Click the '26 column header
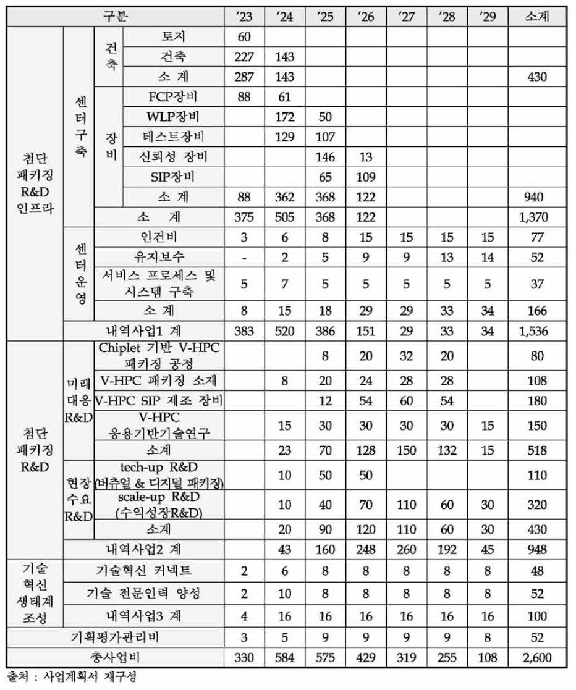coord(365,17)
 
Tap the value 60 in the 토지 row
coord(244,37)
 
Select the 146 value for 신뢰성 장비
coord(324,157)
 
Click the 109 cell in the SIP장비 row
coord(365,177)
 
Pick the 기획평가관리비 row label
coord(115,636)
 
